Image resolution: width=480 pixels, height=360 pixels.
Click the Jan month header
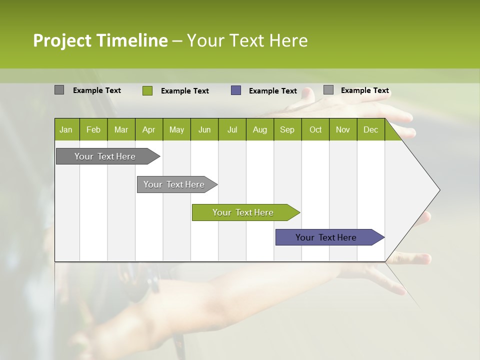[66, 130]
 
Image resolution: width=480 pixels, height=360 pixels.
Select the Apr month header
[148, 130]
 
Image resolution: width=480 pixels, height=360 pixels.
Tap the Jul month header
[232, 130]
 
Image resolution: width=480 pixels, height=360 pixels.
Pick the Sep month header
[287, 130]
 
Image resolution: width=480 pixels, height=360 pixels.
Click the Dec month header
[370, 130]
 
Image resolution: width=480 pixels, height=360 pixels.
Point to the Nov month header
[342, 130]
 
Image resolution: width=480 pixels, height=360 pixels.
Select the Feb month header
[93, 130]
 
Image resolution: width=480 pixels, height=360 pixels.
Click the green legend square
[147, 90]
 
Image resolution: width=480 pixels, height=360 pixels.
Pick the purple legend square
[236, 90]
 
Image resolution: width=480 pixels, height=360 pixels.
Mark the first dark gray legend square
[59, 90]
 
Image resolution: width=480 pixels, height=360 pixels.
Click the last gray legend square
[328, 90]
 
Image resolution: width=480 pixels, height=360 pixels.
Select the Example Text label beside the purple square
[272, 91]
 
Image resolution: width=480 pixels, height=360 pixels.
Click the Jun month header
[204, 130]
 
